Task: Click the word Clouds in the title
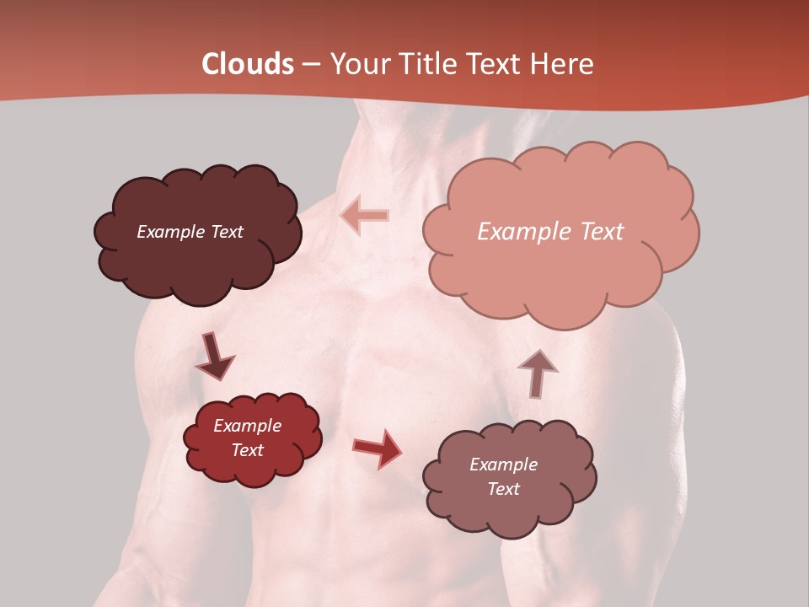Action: (247, 64)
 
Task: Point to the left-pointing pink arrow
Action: (366, 215)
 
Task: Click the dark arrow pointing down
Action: (214, 357)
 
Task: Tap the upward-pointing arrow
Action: (537, 371)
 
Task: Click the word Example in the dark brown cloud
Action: (170, 232)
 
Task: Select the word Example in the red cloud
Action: (247, 426)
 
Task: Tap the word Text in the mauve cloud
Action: (503, 489)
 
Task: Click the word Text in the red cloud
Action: (247, 450)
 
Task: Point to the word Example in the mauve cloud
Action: (503, 465)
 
